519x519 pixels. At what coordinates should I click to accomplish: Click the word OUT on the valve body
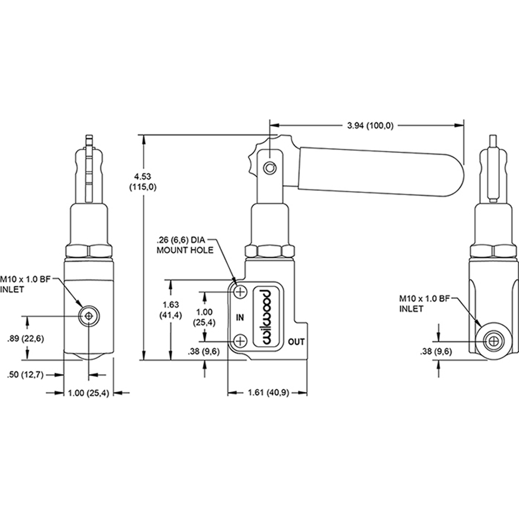tap(296, 342)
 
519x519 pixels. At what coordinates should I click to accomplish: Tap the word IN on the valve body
tap(240, 317)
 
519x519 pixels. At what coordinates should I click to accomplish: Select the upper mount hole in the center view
tap(240, 293)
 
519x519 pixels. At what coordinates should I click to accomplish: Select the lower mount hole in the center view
tap(240, 341)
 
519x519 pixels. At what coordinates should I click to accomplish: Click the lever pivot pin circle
tap(269, 167)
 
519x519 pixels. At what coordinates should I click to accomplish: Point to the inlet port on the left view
tap(89, 316)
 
